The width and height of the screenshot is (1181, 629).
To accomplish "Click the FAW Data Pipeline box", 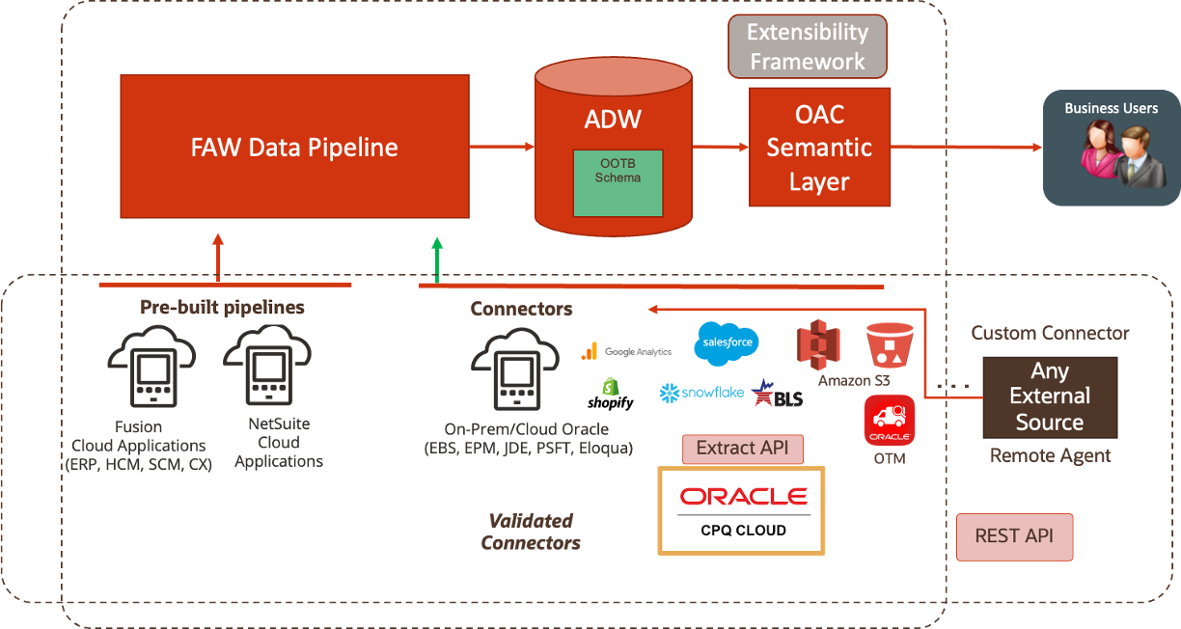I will [x=294, y=147].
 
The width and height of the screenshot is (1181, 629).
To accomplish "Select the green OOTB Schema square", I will [x=618, y=182].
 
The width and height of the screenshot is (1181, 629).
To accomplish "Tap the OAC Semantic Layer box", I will [x=819, y=148].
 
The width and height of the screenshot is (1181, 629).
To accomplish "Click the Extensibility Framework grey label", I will [x=807, y=46].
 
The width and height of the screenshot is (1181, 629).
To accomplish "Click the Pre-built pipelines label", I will [x=222, y=308].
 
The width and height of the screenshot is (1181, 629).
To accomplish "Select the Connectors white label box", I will [x=521, y=310].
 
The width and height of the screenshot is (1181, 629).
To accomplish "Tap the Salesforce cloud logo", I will [x=727, y=344].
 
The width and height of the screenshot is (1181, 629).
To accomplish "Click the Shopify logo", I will [x=610, y=395].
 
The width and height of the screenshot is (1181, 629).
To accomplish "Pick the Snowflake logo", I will [x=701, y=394].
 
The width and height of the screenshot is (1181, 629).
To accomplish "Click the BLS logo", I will [x=776, y=393].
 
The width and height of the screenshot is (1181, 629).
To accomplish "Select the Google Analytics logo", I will [x=625, y=352].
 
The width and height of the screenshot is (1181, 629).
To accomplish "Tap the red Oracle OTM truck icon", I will [x=889, y=421].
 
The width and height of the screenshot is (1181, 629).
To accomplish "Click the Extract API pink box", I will [x=742, y=449].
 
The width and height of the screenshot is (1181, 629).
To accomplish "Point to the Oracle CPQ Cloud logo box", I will [x=741, y=510].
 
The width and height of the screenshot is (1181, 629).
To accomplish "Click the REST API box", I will [x=1014, y=536].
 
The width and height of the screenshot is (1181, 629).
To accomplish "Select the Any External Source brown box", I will [x=1050, y=397].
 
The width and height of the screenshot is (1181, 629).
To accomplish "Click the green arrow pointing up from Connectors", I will [x=437, y=260].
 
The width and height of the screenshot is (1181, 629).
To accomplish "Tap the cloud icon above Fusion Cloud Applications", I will [x=145, y=365].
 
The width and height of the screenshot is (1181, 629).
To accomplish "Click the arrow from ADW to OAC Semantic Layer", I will [x=721, y=147].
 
